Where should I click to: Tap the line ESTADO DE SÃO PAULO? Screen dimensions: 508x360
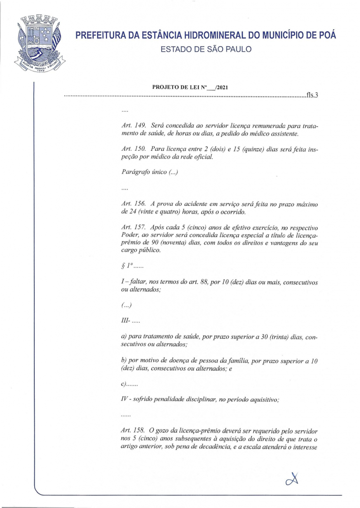click(x=206, y=49)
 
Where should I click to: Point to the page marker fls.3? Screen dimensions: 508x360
click(x=311, y=95)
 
